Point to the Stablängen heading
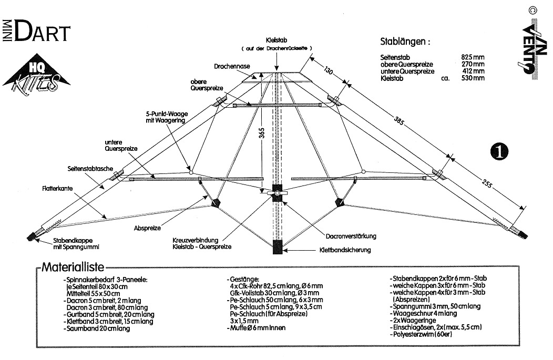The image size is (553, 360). (x=405, y=42)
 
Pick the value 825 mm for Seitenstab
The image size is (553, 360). (x=470, y=58)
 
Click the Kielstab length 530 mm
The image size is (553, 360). (x=470, y=78)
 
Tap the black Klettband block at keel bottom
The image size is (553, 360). (x=277, y=247)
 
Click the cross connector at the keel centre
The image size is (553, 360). (x=277, y=194)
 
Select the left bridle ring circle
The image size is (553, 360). (x=191, y=171)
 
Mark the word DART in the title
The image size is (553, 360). (x=42, y=33)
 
